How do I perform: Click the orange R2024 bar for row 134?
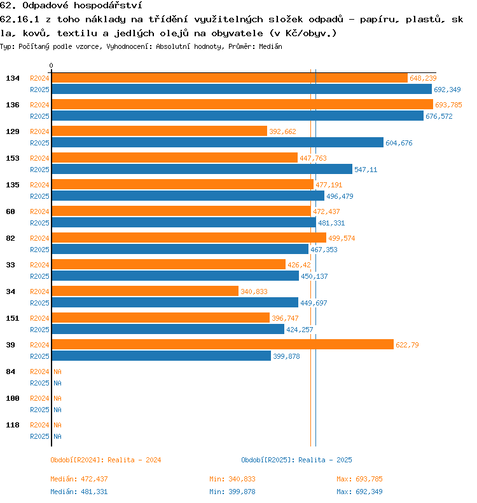tap(229, 78)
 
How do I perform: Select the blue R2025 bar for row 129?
tap(217, 143)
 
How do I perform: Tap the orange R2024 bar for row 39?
tap(222, 345)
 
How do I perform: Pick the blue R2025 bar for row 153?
tap(202, 170)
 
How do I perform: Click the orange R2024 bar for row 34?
tap(144, 292)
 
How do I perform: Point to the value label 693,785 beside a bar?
tap(448, 105)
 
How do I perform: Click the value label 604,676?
tap(399, 143)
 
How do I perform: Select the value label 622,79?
tap(407, 345)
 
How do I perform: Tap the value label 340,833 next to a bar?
tap(254, 292)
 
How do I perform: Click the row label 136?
tap(13, 105)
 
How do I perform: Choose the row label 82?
tap(10, 238)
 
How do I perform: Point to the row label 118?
tap(13, 425)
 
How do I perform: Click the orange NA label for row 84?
tap(57, 372)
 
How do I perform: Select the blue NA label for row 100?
tap(57, 410)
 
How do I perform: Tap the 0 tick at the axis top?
tap(52, 65)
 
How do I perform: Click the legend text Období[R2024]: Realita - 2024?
tap(106, 460)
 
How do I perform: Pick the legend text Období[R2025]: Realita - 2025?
tap(296, 460)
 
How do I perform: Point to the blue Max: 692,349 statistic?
tap(359, 492)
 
